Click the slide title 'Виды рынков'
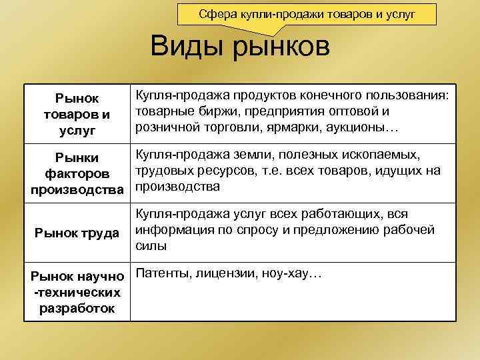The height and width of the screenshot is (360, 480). (x=240, y=48)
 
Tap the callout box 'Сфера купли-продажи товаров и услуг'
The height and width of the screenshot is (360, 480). (x=307, y=14)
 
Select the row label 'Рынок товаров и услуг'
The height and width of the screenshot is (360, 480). (x=77, y=113)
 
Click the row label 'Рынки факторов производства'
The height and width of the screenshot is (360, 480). (x=77, y=173)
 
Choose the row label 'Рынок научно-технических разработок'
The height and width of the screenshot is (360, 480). (x=77, y=291)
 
